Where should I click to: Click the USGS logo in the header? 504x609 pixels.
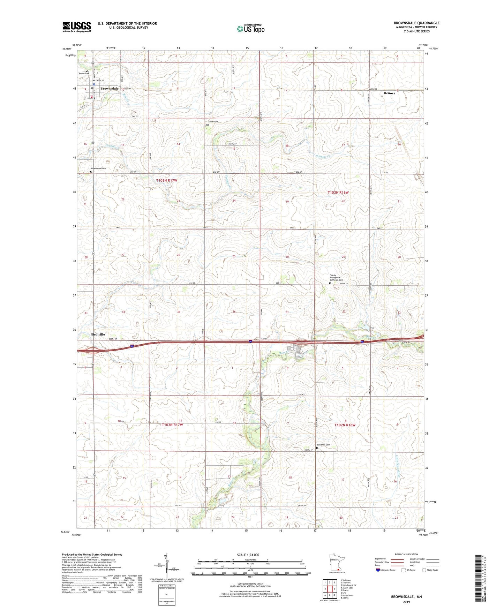[77, 27]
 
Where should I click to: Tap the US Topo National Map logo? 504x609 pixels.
[250, 29]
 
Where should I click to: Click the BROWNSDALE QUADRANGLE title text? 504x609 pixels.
[416, 23]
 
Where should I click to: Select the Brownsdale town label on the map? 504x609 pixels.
[109, 89]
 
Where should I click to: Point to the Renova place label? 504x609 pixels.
[390, 93]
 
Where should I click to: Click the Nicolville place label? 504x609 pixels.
[98, 334]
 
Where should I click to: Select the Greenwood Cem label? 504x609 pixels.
[98, 168]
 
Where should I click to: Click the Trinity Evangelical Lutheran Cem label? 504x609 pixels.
[337, 278]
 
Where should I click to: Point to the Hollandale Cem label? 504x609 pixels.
[323, 445]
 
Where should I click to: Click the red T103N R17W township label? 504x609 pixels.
[166, 180]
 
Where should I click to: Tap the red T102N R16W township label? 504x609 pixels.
[345, 425]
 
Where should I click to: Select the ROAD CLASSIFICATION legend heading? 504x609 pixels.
[406, 554]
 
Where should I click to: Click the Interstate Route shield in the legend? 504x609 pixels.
[378, 570]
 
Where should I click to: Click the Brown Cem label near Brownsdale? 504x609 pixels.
[84, 74]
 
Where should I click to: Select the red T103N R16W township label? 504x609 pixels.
[338, 193]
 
